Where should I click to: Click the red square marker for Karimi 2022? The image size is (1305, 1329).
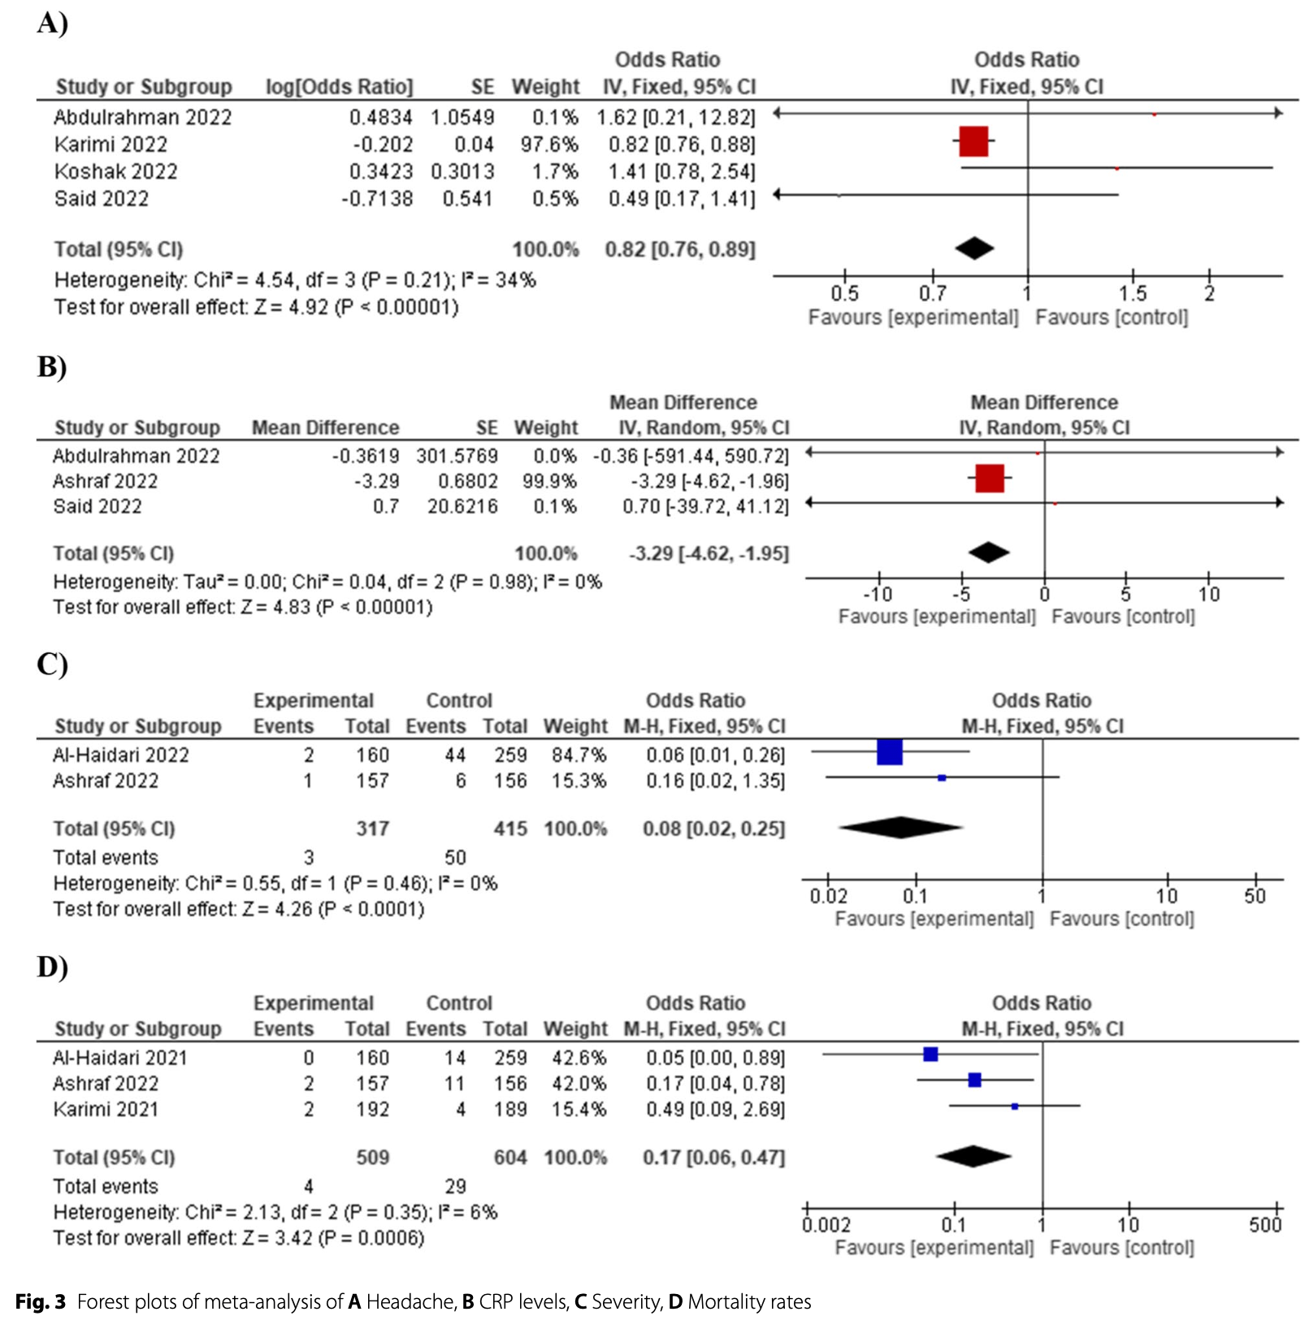(x=973, y=141)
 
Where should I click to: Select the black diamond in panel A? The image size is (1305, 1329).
(x=974, y=249)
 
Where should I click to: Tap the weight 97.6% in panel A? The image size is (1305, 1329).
(x=549, y=145)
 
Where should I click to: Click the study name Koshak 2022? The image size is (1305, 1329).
(x=115, y=171)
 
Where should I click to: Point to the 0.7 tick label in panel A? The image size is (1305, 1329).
(x=933, y=293)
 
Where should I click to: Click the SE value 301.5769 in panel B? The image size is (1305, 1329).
(x=457, y=456)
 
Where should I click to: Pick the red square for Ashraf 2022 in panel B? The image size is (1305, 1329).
(x=989, y=478)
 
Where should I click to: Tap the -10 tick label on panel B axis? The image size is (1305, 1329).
(x=877, y=595)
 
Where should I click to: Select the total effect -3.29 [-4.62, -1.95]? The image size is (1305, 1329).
(x=709, y=553)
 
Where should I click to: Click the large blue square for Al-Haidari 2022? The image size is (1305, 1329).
(x=890, y=752)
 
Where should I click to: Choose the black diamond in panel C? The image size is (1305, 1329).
(x=900, y=828)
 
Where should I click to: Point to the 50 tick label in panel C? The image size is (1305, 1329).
(x=1255, y=896)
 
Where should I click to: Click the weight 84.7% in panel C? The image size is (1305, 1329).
(x=579, y=755)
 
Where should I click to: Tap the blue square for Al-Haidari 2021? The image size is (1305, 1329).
(x=930, y=1054)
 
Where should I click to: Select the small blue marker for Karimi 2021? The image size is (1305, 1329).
(x=1014, y=1106)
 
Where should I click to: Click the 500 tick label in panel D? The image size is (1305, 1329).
(x=1265, y=1225)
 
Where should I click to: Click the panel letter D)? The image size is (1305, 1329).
(x=52, y=967)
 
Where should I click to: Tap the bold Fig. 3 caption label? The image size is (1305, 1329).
(x=41, y=1302)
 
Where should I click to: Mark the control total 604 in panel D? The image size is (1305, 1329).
(x=510, y=1158)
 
